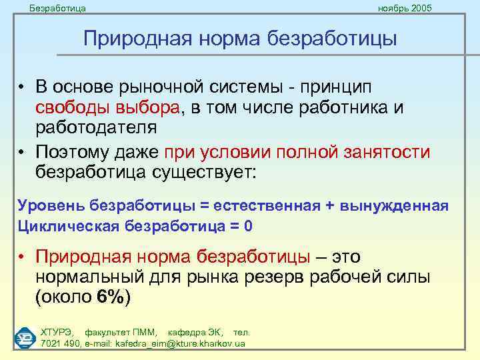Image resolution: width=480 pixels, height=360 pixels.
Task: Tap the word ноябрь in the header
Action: coord(392,8)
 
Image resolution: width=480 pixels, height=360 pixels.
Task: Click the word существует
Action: coord(207,171)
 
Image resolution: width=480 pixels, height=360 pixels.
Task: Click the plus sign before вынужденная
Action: coord(330,204)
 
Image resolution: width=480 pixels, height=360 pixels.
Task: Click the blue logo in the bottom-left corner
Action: coord(25,337)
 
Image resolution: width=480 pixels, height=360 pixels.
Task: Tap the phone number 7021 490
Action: coord(61,343)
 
